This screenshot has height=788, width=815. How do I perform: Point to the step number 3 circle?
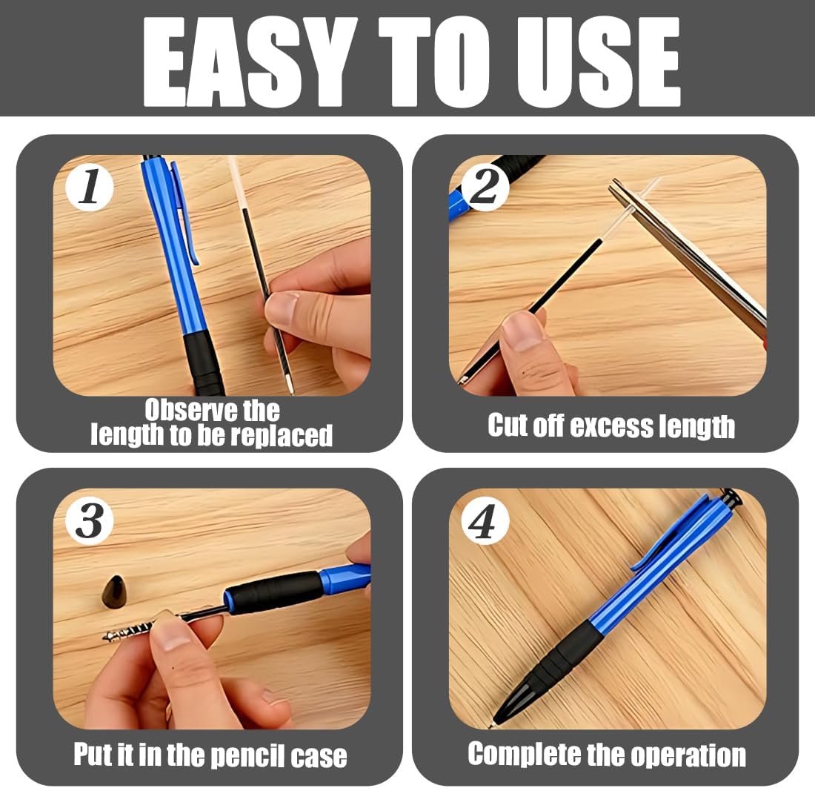tap(90, 520)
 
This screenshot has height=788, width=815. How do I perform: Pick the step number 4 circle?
tap(485, 520)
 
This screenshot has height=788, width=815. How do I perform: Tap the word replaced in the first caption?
tap(282, 437)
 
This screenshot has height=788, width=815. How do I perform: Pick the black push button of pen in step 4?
tap(731, 497)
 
